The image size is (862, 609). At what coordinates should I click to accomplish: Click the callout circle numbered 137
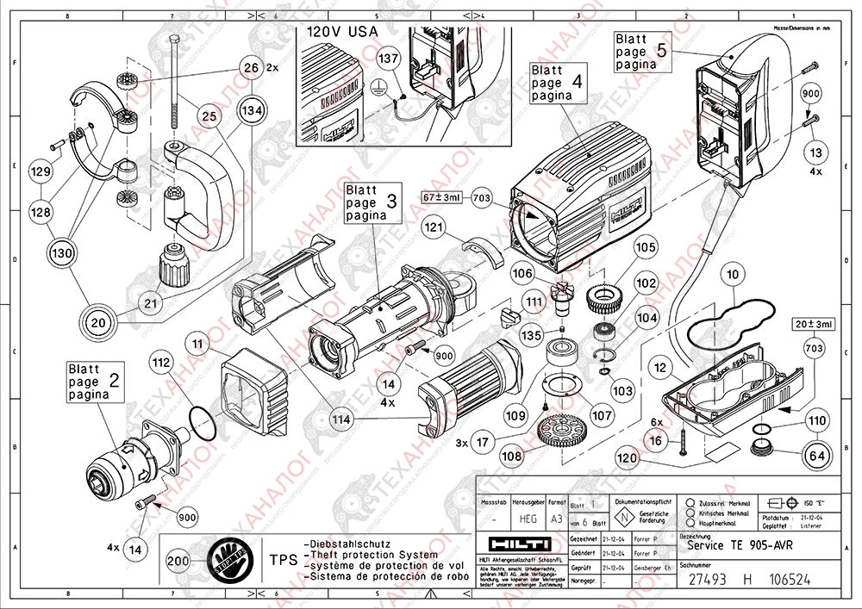pyautogui.click(x=390, y=57)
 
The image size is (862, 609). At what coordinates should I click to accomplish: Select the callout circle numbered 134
pyautogui.click(x=252, y=111)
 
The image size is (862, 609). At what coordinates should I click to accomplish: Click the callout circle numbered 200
pyautogui.click(x=178, y=560)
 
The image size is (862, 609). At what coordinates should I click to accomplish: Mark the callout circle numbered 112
pyautogui.click(x=160, y=364)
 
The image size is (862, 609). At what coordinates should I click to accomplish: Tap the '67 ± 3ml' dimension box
pyautogui.click(x=442, y=197)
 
